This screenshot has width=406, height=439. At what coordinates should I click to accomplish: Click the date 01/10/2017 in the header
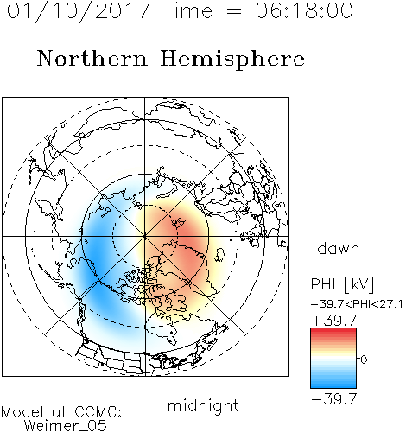pyautogui.click(x=79, y=11)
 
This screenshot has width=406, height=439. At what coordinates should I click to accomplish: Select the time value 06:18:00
pyautogui.click(x=304, y=10)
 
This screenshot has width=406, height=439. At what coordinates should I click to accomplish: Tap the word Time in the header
pyautogui.click(x=187, y=10)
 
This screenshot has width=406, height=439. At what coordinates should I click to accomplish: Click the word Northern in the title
pyautogui.click(x=92, y=58)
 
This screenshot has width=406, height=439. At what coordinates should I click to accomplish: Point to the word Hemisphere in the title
pyautogui.click(x=232, y=60)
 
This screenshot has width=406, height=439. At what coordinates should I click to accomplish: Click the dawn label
pyautogui.click(x=339, y=248)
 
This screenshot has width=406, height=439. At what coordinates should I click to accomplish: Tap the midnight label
pyautogui.click(x=203, y=405)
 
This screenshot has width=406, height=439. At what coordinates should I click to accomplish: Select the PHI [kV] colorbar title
pyautogui.click(x=342, y=284)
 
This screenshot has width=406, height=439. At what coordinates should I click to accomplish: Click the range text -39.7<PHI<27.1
pyautogui.click(x=357, y=304)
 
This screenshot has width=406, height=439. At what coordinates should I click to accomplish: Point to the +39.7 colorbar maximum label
pyautogui.click(x=334, y=320)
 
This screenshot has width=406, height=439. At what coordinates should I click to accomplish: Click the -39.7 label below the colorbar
pyautogui.click(x=334, y=399)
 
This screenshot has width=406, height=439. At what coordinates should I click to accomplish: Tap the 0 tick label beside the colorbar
pyautogui.click(x=364, y=359)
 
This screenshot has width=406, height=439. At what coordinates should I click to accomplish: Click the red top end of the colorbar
pyautogui.click(x=333, y=330)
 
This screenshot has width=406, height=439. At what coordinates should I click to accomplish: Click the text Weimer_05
pyautogui.click(x=66, y=426)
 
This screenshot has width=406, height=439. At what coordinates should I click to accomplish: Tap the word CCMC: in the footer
pyautogui.click(x=98, y=412)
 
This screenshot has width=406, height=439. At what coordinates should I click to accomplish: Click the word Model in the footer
pyautogui.click(x=22, y=412)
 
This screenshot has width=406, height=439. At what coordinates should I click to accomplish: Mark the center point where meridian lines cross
pyautogui.click(x=145, y=236)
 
